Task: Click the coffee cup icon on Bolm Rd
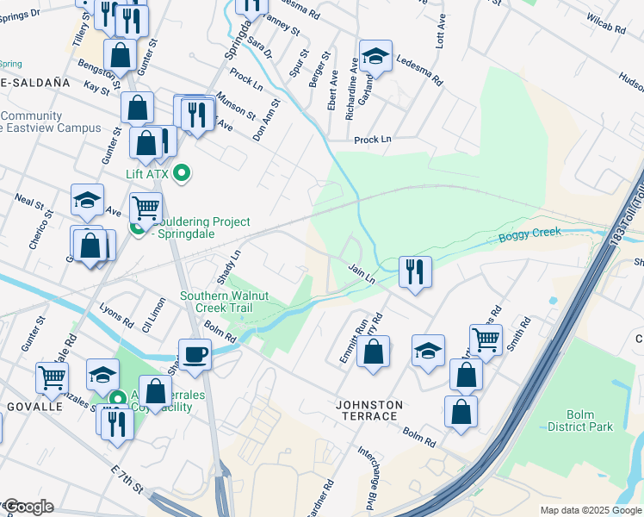click(x=195, y=353)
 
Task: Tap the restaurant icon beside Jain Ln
click(x=415, y=271)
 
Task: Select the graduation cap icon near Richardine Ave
click(x=375, y=57)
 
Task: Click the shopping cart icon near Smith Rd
click(x=486, y=339)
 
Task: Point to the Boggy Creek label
click(x=529, y=233)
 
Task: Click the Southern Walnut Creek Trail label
click(x=224, y=302)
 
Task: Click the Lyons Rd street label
click(x=116, y=315)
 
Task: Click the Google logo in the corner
click(x=28, y=507)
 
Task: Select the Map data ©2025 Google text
click(x=591, y=510)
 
